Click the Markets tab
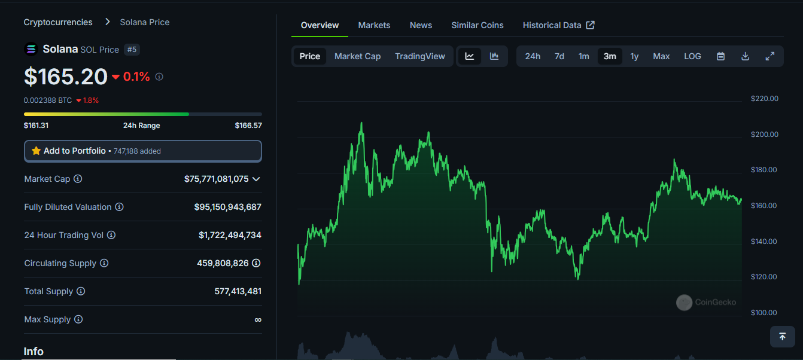coord(374,25)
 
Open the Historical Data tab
coord(558,25)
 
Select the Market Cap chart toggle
coord(357,56)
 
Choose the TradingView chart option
coord(420,56)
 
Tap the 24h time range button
coord(533,56)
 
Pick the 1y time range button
coord(634,56)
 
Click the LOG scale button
coord(692,56)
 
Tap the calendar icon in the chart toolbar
coord(721,56)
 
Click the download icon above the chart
coord(745,56)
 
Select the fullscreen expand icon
coord(770,56)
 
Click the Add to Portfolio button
coord(142,151)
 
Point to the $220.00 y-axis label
coord(764,99)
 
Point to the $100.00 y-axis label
coord(764,313)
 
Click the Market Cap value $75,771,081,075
coord(216,179)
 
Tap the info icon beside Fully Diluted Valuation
coord(119,207)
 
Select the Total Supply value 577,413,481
coord(238,291)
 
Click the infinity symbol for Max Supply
coord(258,319)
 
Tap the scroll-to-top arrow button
coord(782,337)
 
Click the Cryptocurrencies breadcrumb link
coord(58,22)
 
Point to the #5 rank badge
coord(132,49)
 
